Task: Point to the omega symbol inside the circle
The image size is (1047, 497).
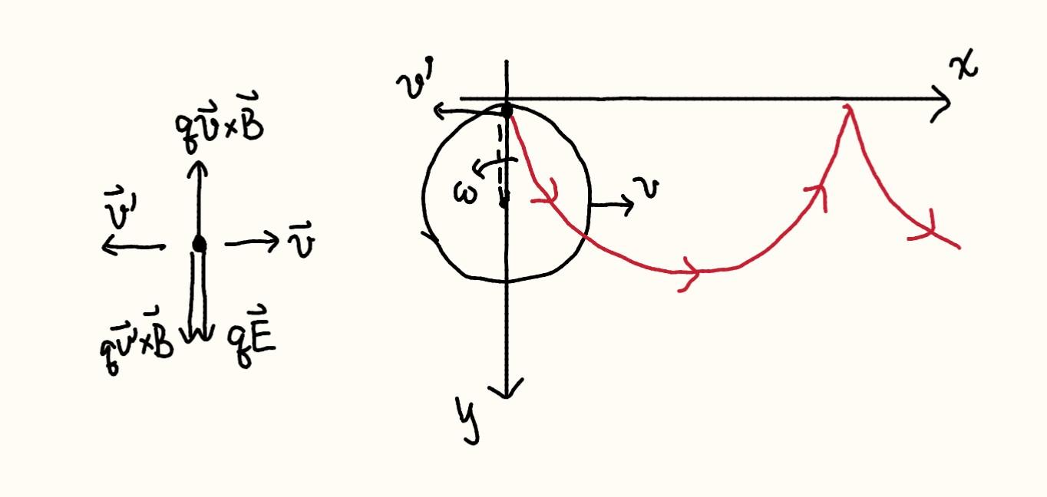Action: (465, 193)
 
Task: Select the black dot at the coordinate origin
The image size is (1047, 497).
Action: (507, 110)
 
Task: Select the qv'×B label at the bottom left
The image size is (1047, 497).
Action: (136, 342)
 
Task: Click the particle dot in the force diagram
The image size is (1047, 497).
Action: (200, 243)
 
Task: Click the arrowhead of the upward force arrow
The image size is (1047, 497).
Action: (198, 169)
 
